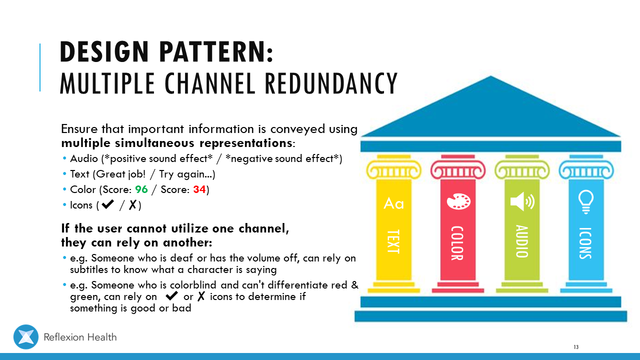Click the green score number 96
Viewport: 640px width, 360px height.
coord(142,190)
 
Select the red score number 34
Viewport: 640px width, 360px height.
coord(199,190)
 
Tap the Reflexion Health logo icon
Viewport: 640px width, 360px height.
coord(26,337)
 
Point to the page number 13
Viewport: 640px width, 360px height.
coord(576,347)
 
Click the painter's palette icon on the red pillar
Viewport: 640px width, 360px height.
coord(458,201)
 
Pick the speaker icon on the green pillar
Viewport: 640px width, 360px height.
coord(522,201)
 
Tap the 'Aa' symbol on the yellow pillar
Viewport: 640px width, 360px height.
coord(393,203)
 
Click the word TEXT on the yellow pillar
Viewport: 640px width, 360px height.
coord(393,241)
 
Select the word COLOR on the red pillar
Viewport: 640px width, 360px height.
coord(457,243)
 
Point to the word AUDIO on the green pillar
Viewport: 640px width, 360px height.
coord(521,241)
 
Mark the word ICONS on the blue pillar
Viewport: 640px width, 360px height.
coord(585,243)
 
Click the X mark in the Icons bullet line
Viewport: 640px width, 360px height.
coord(133,205)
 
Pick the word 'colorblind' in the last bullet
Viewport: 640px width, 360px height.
coord(195,285)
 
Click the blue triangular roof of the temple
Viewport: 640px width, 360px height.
coord(490,112)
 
